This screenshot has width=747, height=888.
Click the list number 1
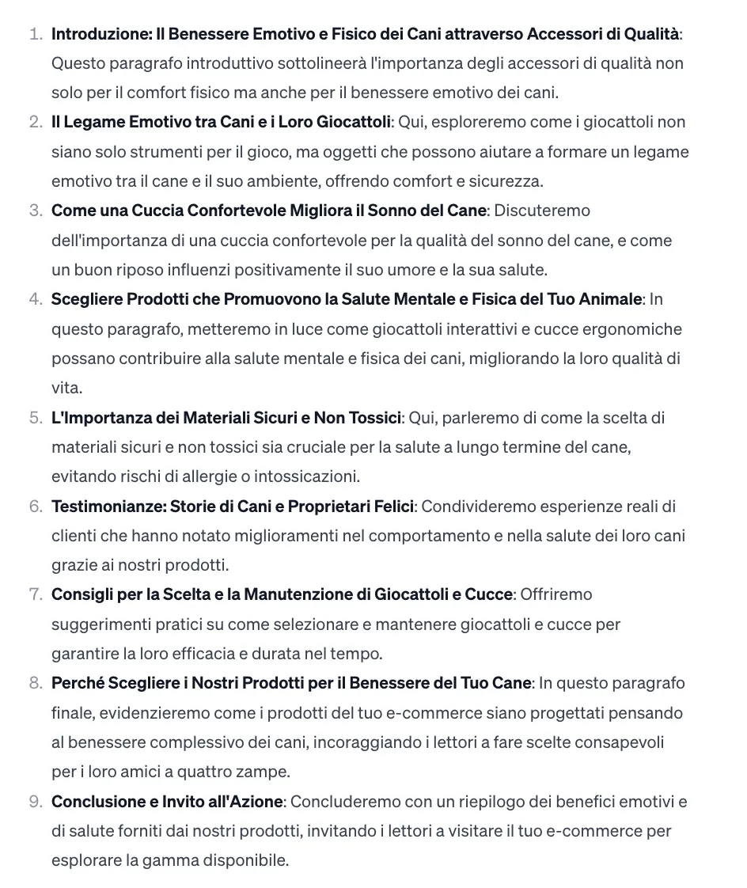click(34, 34)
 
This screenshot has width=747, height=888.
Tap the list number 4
click(34, 300)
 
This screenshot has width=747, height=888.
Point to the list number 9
click(34, 803)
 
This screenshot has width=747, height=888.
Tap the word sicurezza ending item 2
click(506, 181)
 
